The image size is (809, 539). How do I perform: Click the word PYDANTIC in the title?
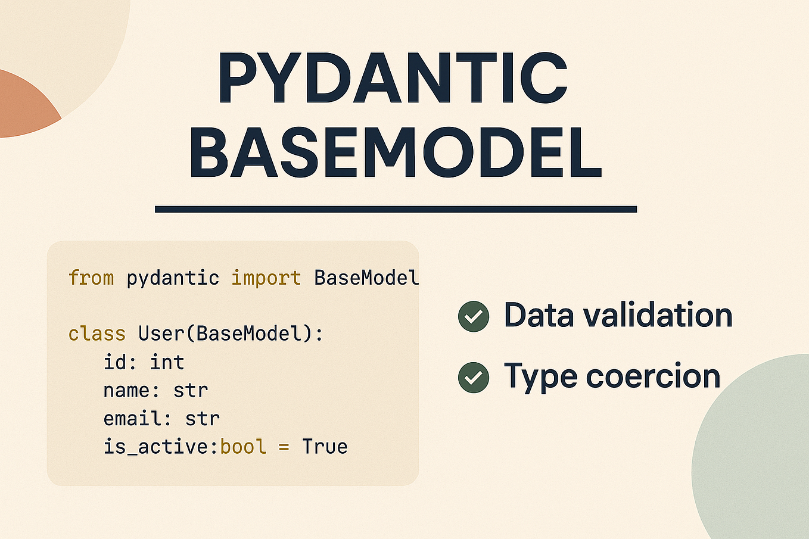coord(393,79)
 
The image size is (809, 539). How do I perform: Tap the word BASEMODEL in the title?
coord(395,153)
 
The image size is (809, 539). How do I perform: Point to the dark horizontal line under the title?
coord(396,209)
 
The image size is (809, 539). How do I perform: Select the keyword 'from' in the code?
coord(91,278)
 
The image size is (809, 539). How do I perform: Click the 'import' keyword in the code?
coord(266,278)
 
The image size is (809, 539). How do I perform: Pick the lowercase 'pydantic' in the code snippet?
coord(173,278)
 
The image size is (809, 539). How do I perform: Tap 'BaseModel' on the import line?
coord(366,278)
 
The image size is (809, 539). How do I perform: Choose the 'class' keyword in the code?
coord(97,334)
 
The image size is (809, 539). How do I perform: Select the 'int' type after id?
coord(167,362)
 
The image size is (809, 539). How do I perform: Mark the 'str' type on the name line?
coord(191,391)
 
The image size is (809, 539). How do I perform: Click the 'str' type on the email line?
coord(203,419)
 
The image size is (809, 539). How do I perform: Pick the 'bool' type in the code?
coord(243,447)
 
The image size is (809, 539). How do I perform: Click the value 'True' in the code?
coord(325,447)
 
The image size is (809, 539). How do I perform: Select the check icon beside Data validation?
coord(474,316)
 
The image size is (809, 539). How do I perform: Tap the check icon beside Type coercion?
coord(474,378)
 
